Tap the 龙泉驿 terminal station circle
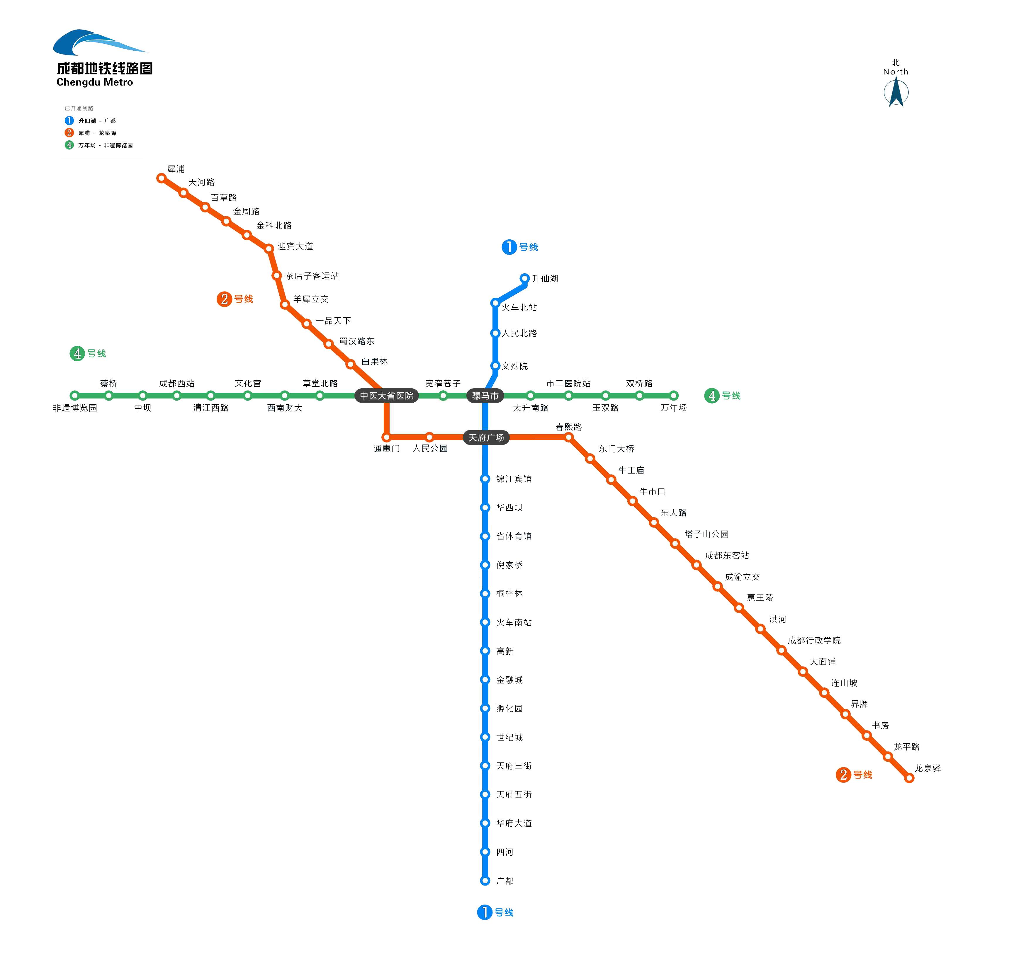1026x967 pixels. [909, 778]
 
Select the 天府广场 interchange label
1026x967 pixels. [486, 437]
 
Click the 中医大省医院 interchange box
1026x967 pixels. [387, 396]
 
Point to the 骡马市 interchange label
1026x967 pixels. [485, 396]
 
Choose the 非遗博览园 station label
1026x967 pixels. [75, 408]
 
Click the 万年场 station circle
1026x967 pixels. [674, 396]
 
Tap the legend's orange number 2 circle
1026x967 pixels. [69, 133]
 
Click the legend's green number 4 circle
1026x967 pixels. [69, 145]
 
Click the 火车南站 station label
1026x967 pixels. [514, 622]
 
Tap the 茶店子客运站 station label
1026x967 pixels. [312, 276]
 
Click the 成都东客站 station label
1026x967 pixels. [727, 555]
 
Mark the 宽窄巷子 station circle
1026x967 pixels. [443, 396]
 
